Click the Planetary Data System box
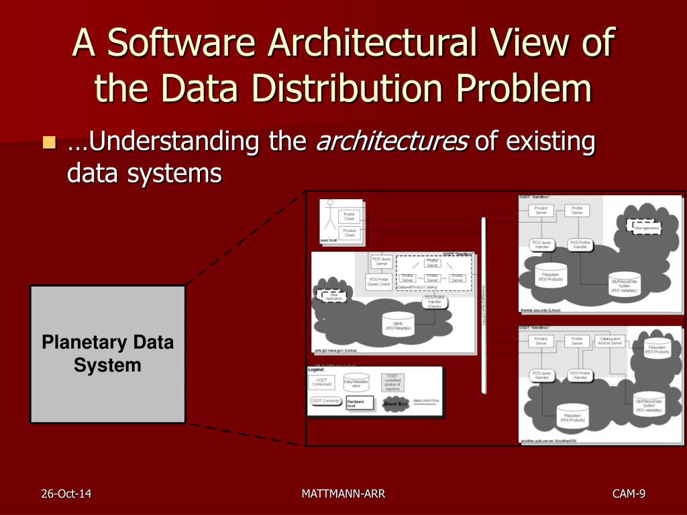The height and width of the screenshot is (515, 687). pyautogui.click(x=107, y=354)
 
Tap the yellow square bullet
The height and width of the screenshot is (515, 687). pyautogui.click(x=48, y=142)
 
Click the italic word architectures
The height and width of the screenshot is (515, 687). pyautogui.click(x=392, y=142)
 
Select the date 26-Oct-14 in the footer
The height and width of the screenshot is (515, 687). pyautogui.click(x=66, y=494)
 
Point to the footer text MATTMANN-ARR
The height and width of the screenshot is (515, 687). pyautogui.click(x=343, y=494)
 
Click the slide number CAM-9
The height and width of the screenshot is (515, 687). pyautogui.click(x=629, y=494)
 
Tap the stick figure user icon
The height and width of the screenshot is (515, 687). pyautogui.click(x=329, y=217)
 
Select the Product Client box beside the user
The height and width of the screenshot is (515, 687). pyautogui.click(x=350, y=233)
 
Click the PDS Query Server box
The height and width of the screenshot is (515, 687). pyautogui.click(x=381, y=262)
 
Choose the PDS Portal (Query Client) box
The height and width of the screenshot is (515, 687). pyautogui.click(x=378, y=282)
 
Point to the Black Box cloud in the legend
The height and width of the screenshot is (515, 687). pyautogui.click(x=395, y=404)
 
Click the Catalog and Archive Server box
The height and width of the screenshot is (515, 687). pyautogui.click(x=610, y=341)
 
